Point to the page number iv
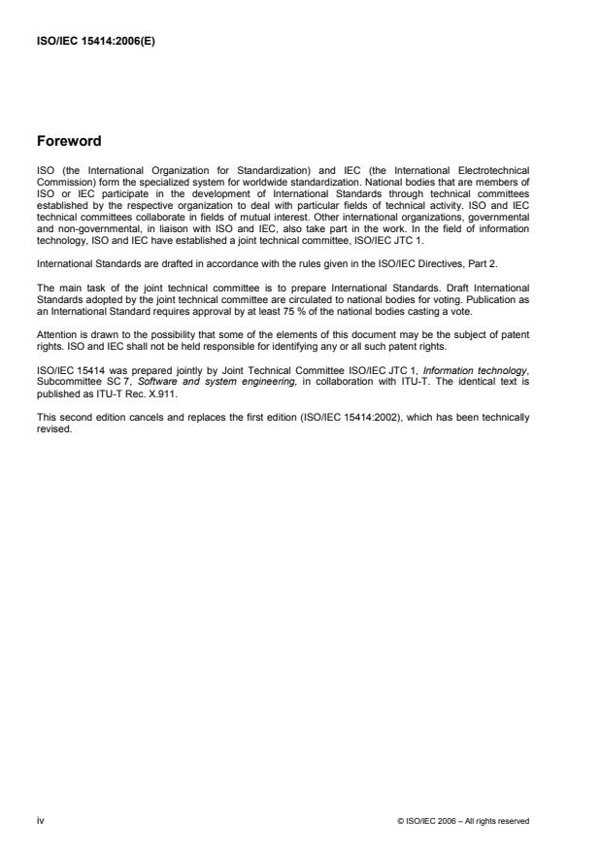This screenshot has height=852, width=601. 40,821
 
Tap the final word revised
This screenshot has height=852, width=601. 52,377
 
